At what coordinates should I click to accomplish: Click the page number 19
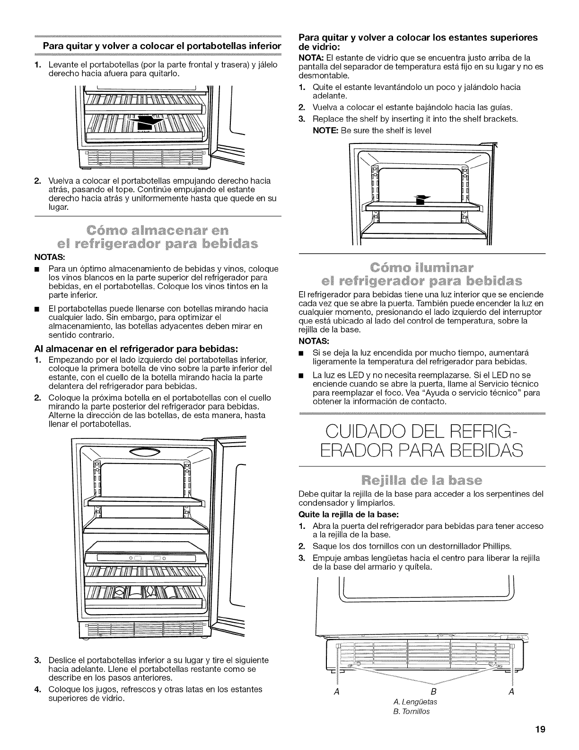pos(540,729)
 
